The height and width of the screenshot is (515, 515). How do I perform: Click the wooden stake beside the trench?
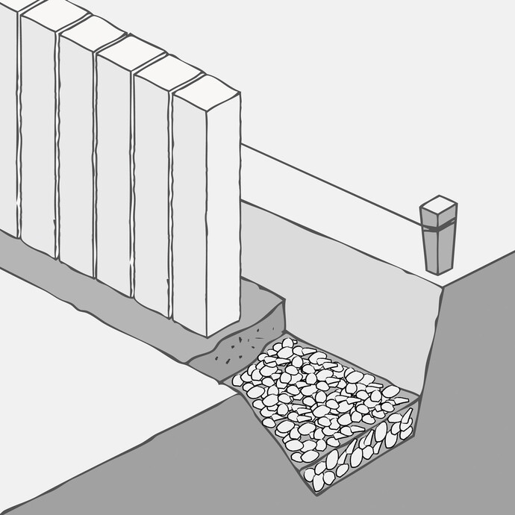437,246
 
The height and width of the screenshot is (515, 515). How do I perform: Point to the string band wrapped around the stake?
438,225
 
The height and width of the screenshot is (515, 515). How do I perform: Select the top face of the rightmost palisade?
206,90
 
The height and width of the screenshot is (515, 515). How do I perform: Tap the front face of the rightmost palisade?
188,216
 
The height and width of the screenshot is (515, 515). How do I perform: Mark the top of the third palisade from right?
129,52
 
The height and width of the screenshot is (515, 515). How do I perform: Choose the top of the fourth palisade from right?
91,34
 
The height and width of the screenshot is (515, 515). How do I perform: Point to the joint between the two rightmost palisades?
171,209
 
